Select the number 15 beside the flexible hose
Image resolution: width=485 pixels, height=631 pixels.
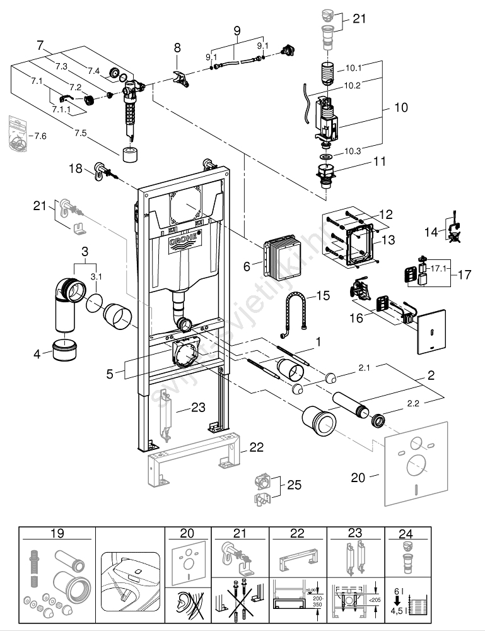point(324,296)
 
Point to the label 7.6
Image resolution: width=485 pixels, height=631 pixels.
point(41,136)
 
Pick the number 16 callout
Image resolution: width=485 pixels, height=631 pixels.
point(357,318)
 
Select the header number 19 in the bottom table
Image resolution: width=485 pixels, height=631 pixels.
point(57,534)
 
